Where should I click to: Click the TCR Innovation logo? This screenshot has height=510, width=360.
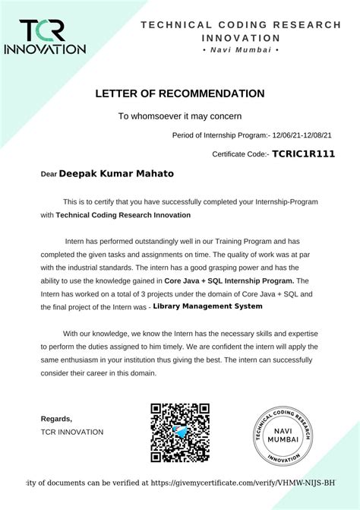(x=46, y=36)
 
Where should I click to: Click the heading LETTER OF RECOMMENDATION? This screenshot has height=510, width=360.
(x=180, y=93)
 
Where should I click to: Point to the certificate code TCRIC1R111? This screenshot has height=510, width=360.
(x=304, y=154)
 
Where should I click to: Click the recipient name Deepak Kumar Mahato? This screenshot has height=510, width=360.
(x=116, y=173)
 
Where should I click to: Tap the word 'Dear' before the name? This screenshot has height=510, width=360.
(x=49, y=174)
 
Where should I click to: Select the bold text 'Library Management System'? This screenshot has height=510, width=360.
(x=207, y=306)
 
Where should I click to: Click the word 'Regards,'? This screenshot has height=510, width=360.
(x=56, y=419)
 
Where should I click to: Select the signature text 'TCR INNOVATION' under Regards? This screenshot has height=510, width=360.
(x=72, y=432)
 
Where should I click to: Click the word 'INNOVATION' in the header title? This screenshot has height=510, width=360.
(x=241, y=37)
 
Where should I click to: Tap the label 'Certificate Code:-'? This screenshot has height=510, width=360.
(x=241, y=154)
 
